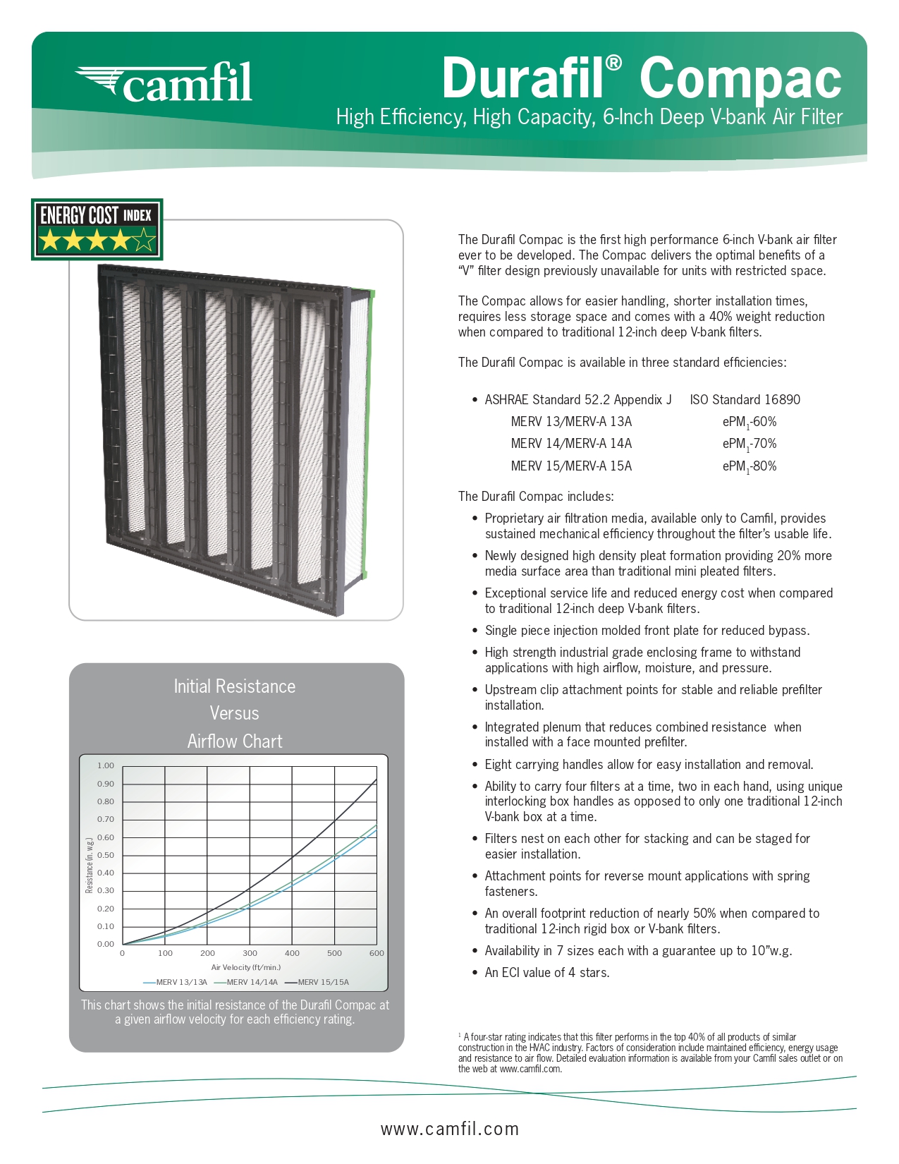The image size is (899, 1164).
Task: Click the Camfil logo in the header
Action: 164,82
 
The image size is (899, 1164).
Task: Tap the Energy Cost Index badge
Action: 97,229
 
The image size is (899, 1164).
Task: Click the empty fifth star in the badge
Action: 145,242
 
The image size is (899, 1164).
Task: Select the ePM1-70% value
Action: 749,444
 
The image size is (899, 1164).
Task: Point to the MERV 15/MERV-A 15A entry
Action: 571,466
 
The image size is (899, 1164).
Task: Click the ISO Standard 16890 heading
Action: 745,400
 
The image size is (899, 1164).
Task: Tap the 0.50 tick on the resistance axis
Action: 106,855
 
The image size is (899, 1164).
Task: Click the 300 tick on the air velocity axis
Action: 250,953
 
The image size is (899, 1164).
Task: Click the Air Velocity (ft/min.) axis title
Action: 245,967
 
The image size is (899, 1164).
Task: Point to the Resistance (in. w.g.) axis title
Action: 90,865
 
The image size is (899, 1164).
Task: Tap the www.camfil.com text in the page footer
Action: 449,1129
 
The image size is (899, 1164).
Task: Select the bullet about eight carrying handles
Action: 649,765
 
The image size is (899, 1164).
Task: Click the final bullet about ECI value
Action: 546,973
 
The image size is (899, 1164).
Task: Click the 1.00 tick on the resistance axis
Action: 106,765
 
